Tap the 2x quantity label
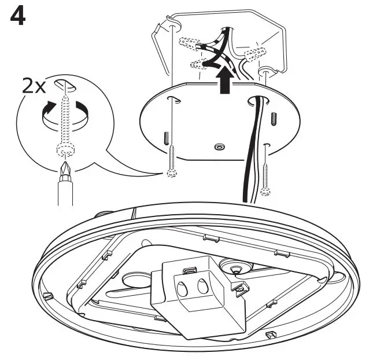click(x=34, y=86)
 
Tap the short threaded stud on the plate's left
click(x=167, y=138)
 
